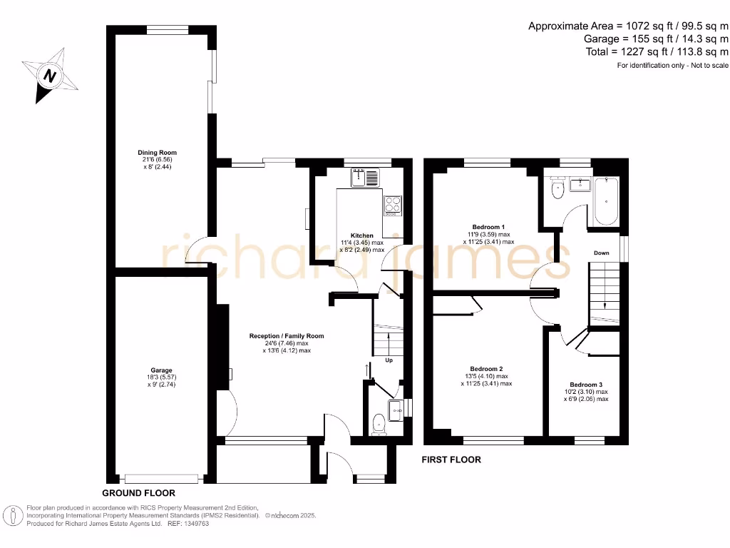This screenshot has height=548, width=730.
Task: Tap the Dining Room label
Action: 158,153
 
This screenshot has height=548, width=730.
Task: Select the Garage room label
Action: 161,370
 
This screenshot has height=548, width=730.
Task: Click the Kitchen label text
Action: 361,235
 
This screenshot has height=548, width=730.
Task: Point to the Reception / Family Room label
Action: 287,336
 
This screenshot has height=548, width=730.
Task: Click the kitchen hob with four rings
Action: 393,205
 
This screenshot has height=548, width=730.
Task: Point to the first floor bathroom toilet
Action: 557,188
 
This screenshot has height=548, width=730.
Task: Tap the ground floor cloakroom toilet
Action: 379,424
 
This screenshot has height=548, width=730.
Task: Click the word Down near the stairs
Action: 601,253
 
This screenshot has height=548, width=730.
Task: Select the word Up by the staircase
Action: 389,360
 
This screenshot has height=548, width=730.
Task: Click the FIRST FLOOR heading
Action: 452,460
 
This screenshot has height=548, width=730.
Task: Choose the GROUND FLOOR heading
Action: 138,493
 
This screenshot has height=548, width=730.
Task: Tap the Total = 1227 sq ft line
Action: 656,52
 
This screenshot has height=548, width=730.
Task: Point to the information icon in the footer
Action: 13,515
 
